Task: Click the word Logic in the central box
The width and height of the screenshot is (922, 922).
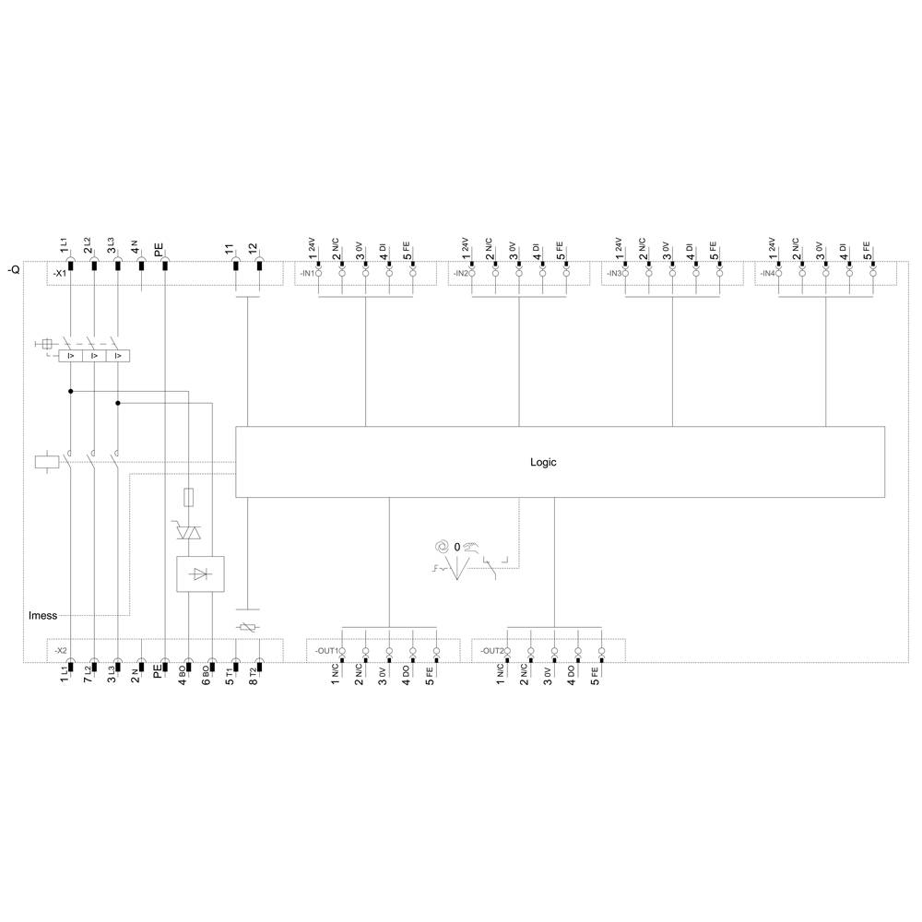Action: (x=543, y=463)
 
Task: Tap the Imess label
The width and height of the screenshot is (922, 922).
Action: (x=42, y=615)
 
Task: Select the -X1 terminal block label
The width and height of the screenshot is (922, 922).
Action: (x=60, y=274)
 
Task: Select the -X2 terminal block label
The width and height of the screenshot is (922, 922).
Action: (x=60, y=651)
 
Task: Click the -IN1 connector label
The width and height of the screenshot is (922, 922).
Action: (x=305, y=274)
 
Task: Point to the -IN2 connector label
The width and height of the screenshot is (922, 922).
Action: (x=459, y=274)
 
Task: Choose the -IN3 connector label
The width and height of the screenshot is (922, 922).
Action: (x=612, y=274)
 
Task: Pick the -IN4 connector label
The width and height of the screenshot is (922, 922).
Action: (x=766, y=274)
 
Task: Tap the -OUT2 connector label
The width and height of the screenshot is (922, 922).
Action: (x=491, y=651)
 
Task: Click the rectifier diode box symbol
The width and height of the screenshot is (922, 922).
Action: (x=201, y=573)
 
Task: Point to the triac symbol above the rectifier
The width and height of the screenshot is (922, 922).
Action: (x=188, y=531)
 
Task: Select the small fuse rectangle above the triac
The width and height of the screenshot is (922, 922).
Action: (x=188, y=498)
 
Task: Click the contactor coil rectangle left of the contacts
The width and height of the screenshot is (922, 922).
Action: (x=45, y=461)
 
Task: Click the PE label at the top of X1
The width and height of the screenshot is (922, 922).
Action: (x=159, y=249)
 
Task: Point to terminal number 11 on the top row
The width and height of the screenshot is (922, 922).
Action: (x=230, y=249)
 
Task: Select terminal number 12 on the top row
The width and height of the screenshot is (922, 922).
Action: (x=254, y=249)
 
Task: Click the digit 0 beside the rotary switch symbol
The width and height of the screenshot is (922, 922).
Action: (x=456, y=548)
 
